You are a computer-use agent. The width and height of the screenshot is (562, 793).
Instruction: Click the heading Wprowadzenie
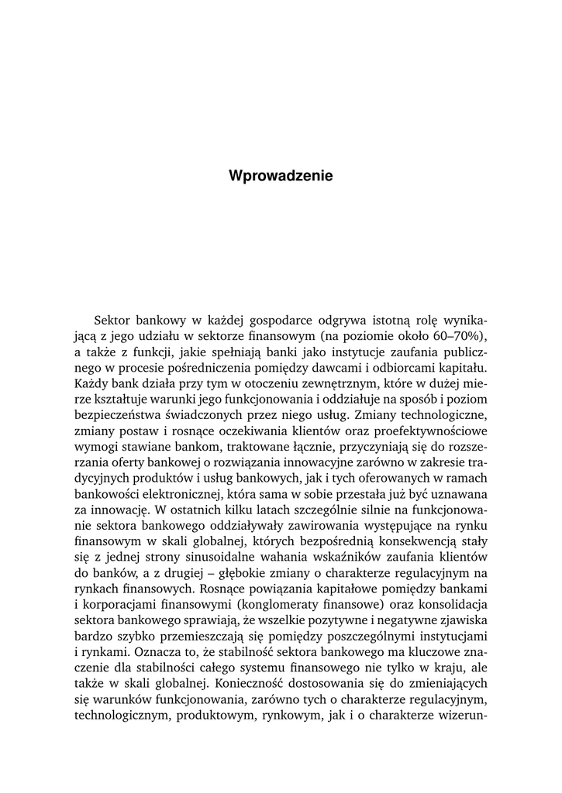pos(281,176)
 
